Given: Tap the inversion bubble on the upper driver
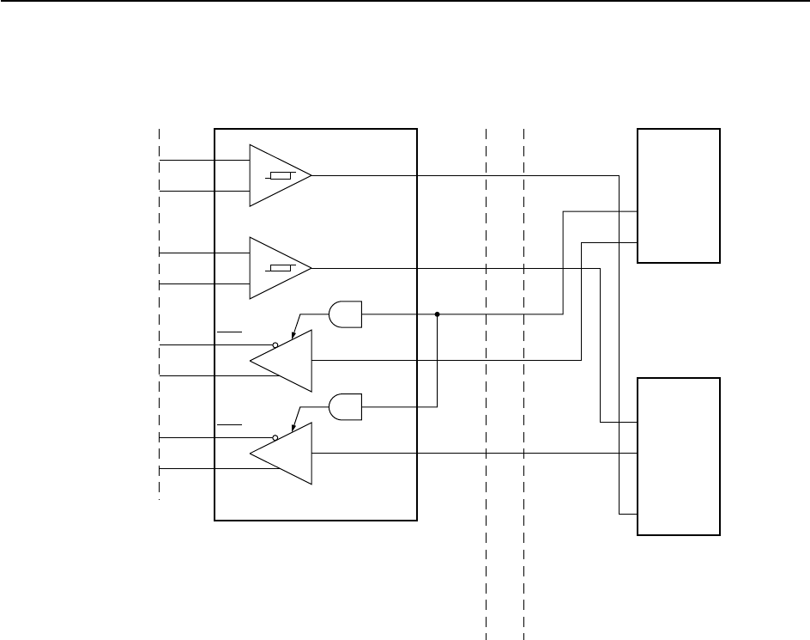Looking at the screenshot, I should (x=275, y=345).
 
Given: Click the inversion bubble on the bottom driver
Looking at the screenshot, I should (x=275, y=438).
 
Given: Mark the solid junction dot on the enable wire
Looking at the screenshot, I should (x=438, y=314).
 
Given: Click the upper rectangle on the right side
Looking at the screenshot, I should (x=679, y=195).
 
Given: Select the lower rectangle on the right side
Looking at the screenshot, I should (x=679, y=455).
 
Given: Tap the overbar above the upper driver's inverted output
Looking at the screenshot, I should (x=230, y=330).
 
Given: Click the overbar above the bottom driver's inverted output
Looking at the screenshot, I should (x=230, y=424).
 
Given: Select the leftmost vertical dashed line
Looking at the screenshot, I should (x=160, y=309).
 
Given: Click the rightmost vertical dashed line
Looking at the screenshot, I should (x=523, y=387).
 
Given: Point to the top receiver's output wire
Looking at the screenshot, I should (x=463, y=175).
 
